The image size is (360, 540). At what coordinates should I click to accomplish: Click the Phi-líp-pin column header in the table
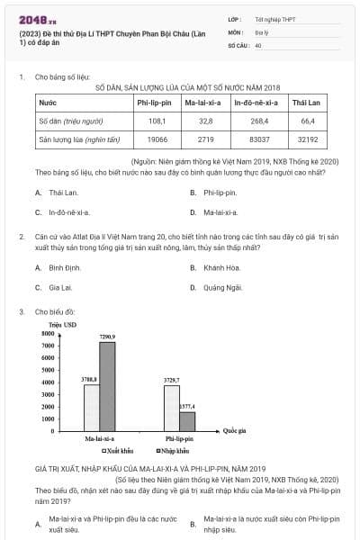coord(156,104)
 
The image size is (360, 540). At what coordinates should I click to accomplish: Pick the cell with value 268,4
coord(259,120)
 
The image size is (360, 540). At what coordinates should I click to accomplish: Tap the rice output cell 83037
coord(259,140)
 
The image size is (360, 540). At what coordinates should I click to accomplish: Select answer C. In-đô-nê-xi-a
coord(67,212)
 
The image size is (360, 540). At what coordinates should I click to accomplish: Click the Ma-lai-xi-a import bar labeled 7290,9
coord(107,387)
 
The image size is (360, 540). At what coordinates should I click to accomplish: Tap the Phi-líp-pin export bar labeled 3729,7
coord(171,409)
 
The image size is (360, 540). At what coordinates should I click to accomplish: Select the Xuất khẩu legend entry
coord(120,450)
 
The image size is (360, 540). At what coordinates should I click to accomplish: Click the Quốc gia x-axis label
coord(236,431)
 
